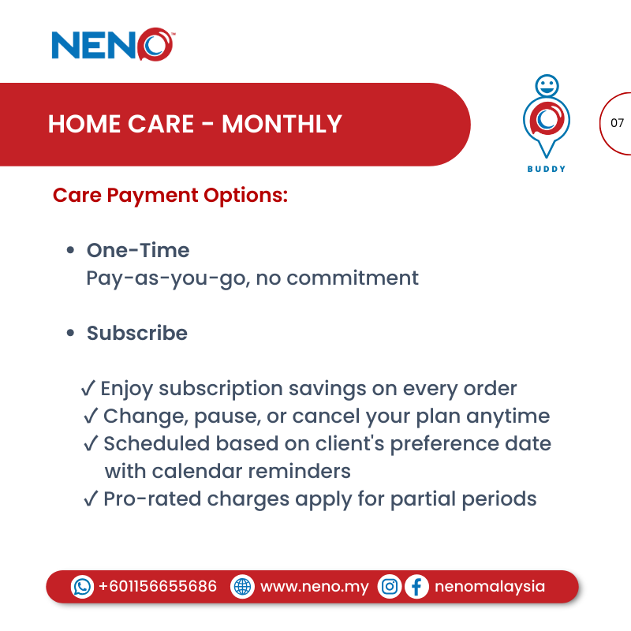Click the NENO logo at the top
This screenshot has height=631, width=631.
pyautogui.click(x=112, y=44)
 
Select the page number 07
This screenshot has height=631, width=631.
pyautogui.click(x=617, y=123)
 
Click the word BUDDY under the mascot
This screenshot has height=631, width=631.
pyautogui.click(x=547, y=169)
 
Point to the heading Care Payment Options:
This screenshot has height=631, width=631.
pyautogui.click(x=170, y=194)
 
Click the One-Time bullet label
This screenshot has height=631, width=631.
pyautogui.click(x=138, y=251)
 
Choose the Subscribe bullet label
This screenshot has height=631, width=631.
pyautogui.click(x=137, y=333)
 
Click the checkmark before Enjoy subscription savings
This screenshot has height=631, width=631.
pyautogui.click(x=88, y=389)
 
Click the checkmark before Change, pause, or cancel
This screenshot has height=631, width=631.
pyautogui.click(x=91, y=416)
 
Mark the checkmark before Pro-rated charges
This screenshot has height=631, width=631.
pyautogui.click(x=91, y=499)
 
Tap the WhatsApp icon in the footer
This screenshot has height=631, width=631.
pyautogui.click(x=82, y=587)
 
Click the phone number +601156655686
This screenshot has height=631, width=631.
pyautogui.click(x=158, y=587)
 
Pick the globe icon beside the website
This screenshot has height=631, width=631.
pyautogui.click(x=243, y=587)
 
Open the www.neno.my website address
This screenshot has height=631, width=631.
pyautogui.click(x=314, y=587)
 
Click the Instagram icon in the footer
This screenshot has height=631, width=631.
pyautogui.click(x=390, y=587)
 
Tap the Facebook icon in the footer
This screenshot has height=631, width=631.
pyautogui.click(x=416, y=587)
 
